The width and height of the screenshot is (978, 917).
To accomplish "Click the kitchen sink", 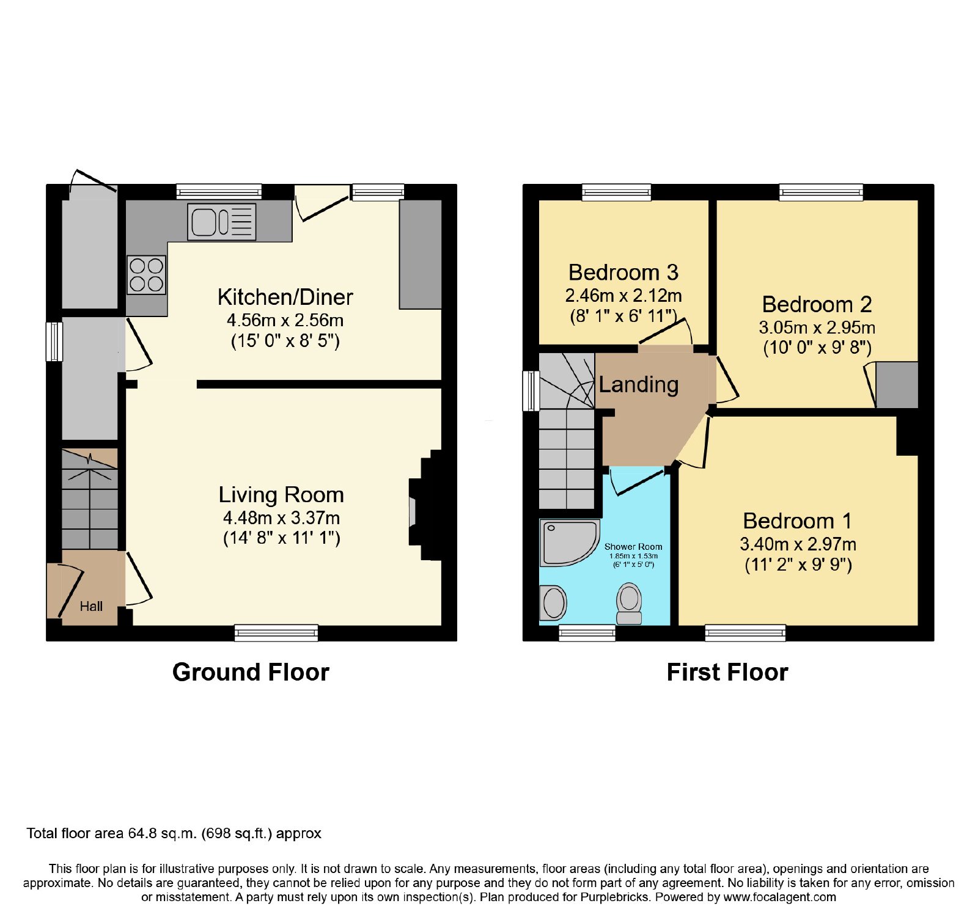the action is point(221,221).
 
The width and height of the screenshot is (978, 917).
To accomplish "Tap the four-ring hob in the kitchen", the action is point(147,275).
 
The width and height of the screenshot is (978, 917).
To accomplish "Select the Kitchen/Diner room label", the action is point(285,298).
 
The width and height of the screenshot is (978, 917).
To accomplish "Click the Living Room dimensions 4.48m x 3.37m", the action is point(281,518).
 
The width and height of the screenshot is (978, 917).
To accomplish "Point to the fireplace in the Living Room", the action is point(425,505).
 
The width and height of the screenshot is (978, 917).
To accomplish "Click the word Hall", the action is point(91,607).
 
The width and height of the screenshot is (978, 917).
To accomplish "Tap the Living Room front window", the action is point(276,633).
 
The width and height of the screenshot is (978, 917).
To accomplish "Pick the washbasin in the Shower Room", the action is point(554,603).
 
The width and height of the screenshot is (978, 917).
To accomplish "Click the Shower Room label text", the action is point(633,547).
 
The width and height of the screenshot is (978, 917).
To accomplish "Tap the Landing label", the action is point(639,385).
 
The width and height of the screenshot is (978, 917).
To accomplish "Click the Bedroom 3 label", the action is point(623,272).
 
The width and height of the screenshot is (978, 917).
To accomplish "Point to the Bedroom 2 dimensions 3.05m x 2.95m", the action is point(817,327).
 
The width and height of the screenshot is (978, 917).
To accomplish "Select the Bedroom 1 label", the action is point(797,521).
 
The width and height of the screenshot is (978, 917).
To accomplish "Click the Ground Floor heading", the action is point(251,673).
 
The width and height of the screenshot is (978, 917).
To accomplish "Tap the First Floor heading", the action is point(727,673).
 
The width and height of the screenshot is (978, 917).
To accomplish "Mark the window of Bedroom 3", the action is point(617,192).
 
